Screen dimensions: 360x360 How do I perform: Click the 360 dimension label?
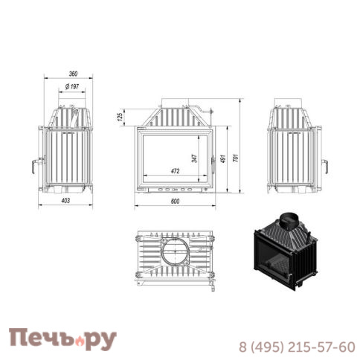click(73, 74)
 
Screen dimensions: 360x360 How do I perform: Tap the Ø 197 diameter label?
click(72, 86)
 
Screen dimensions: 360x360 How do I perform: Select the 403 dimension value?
click(65, 200)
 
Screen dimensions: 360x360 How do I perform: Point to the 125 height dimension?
click(120, 117)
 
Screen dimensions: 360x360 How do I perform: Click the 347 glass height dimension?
click(195, 158)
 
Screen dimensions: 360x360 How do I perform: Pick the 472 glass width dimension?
click(175, 171)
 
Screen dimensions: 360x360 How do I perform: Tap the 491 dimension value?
click(223, 159)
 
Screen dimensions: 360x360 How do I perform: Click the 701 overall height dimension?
click(235, 158)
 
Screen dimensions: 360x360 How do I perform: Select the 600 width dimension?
click(175, 202)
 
